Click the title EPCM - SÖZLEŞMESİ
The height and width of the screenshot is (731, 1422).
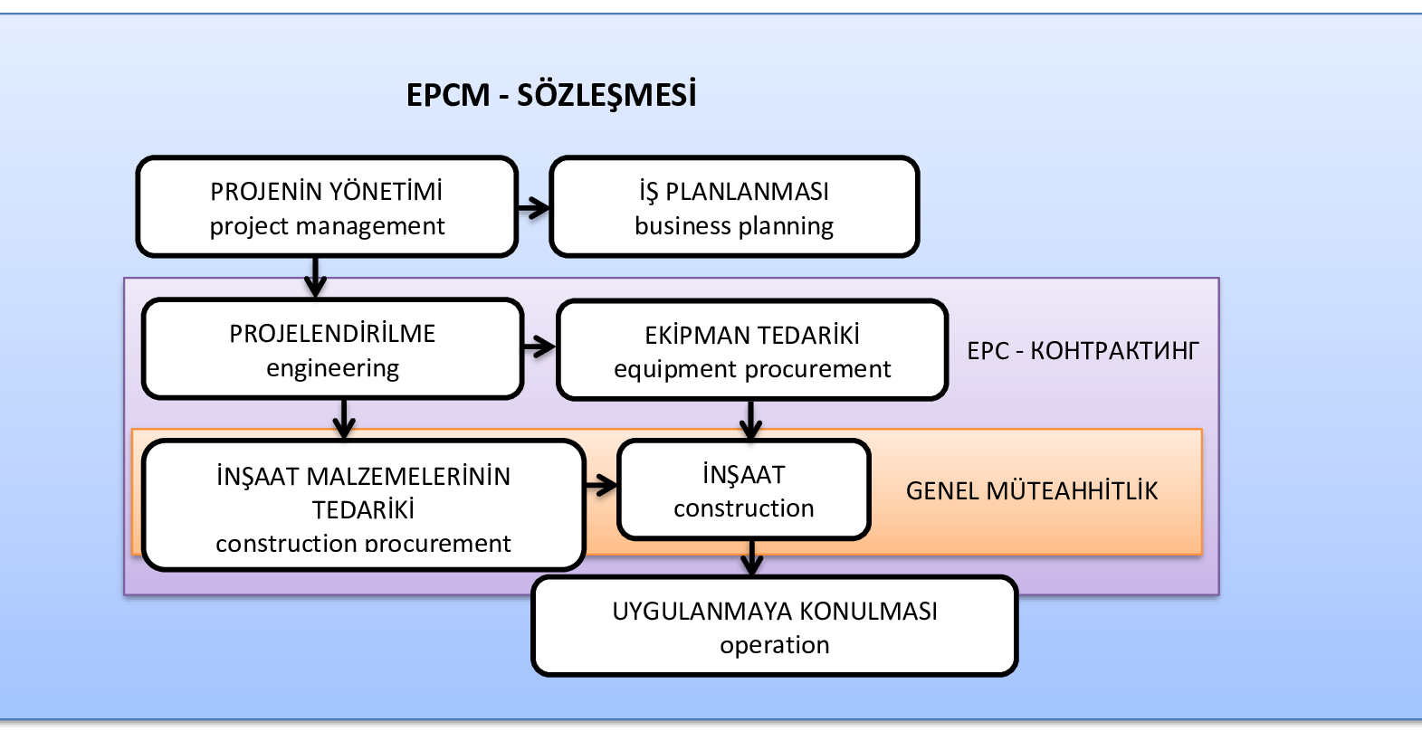[x=551, y=95]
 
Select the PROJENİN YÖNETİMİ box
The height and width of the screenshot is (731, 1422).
[x=327, y=207]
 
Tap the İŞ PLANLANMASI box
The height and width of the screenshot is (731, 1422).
[x=734, y=207]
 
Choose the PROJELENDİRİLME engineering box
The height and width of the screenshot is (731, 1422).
[x=332, y=349]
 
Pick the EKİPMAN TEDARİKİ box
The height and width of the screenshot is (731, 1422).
[x=751, y=351]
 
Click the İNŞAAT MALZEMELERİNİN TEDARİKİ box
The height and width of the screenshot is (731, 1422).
[x=363, y=507]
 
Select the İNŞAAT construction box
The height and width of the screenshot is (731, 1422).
[x=743, y=490]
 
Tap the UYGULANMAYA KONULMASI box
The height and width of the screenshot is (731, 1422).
[x=775, y=627]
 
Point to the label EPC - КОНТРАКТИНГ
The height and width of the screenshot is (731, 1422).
[x=1083, y=351]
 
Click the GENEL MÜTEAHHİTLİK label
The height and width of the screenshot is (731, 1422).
[x=1032, y=491]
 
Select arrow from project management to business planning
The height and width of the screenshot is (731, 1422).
[x=534, y=208]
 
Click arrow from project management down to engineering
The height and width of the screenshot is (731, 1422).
[x=315, y=277]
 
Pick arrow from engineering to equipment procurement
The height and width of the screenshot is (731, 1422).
[x=539, y=347]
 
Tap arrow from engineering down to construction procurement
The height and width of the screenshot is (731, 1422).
[x=344, y=419]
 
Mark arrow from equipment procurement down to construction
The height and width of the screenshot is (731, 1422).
[x=750, y=420]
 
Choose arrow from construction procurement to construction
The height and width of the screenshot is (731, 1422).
[x=601, y=487]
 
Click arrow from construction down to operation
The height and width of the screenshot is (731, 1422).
[x=751, y=557]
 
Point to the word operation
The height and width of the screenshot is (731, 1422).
[x=775, y=645]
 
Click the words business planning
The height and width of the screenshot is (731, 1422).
[x=734, y=226]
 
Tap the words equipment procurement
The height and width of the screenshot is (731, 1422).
[x=751, y=369]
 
